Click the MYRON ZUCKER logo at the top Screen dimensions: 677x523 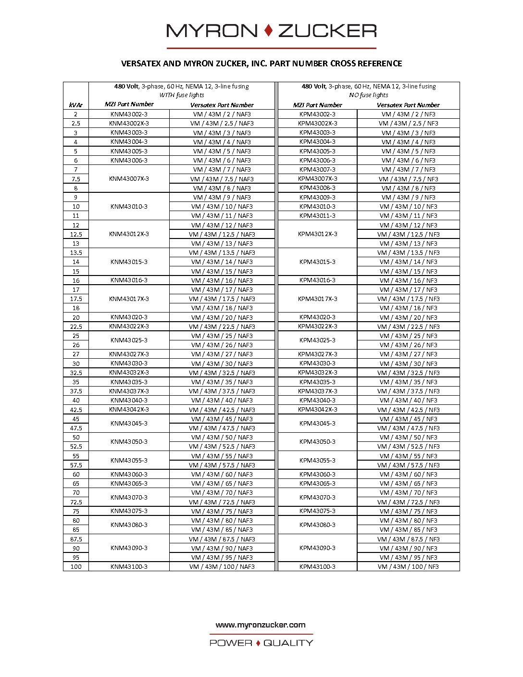tap(271, 31)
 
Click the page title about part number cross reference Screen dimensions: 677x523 tap(261, 63)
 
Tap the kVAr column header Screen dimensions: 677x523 tap(75, 105)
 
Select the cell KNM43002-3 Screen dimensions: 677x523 tap(129, 114)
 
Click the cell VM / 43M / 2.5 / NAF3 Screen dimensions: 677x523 tap(222, 124)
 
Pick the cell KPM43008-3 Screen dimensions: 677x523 tap(317, 188)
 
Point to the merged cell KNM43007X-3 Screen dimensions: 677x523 tap(129, 178)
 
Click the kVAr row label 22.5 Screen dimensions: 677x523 tap(76, 326)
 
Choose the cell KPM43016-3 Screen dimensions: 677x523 tap(317, 280)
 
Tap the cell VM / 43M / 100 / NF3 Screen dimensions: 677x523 tap(408, 567)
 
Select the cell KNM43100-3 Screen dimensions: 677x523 tap(129, 567)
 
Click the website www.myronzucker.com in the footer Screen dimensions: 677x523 tap(261, 625)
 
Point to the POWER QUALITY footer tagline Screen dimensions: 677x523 tap(261, 643)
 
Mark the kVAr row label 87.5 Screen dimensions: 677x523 tap(76, 539)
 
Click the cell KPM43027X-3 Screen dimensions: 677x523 tap(317, 354)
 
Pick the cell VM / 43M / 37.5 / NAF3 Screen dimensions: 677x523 tap(222, 391)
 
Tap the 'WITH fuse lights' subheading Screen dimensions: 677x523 tap(182, 95)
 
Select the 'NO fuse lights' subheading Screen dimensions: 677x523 tap(369, 95)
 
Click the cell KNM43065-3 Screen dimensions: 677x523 tap(129, 484)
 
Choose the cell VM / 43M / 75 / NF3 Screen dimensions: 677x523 tap(408, 512)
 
